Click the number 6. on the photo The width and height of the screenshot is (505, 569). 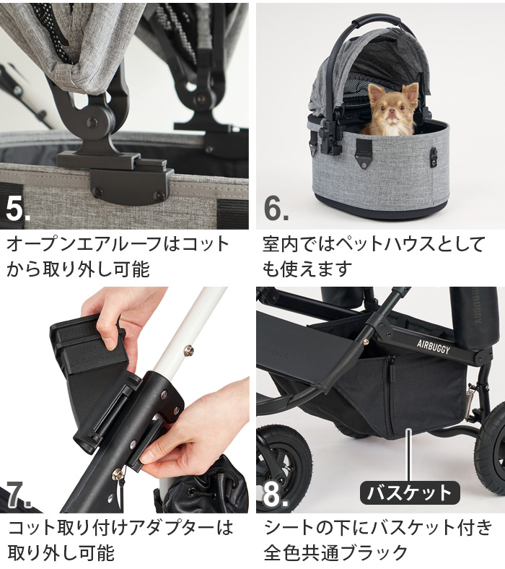tap(276, 207)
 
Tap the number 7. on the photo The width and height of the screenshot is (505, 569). tap(19, 492)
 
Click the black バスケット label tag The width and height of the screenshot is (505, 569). tap(409, 493)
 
